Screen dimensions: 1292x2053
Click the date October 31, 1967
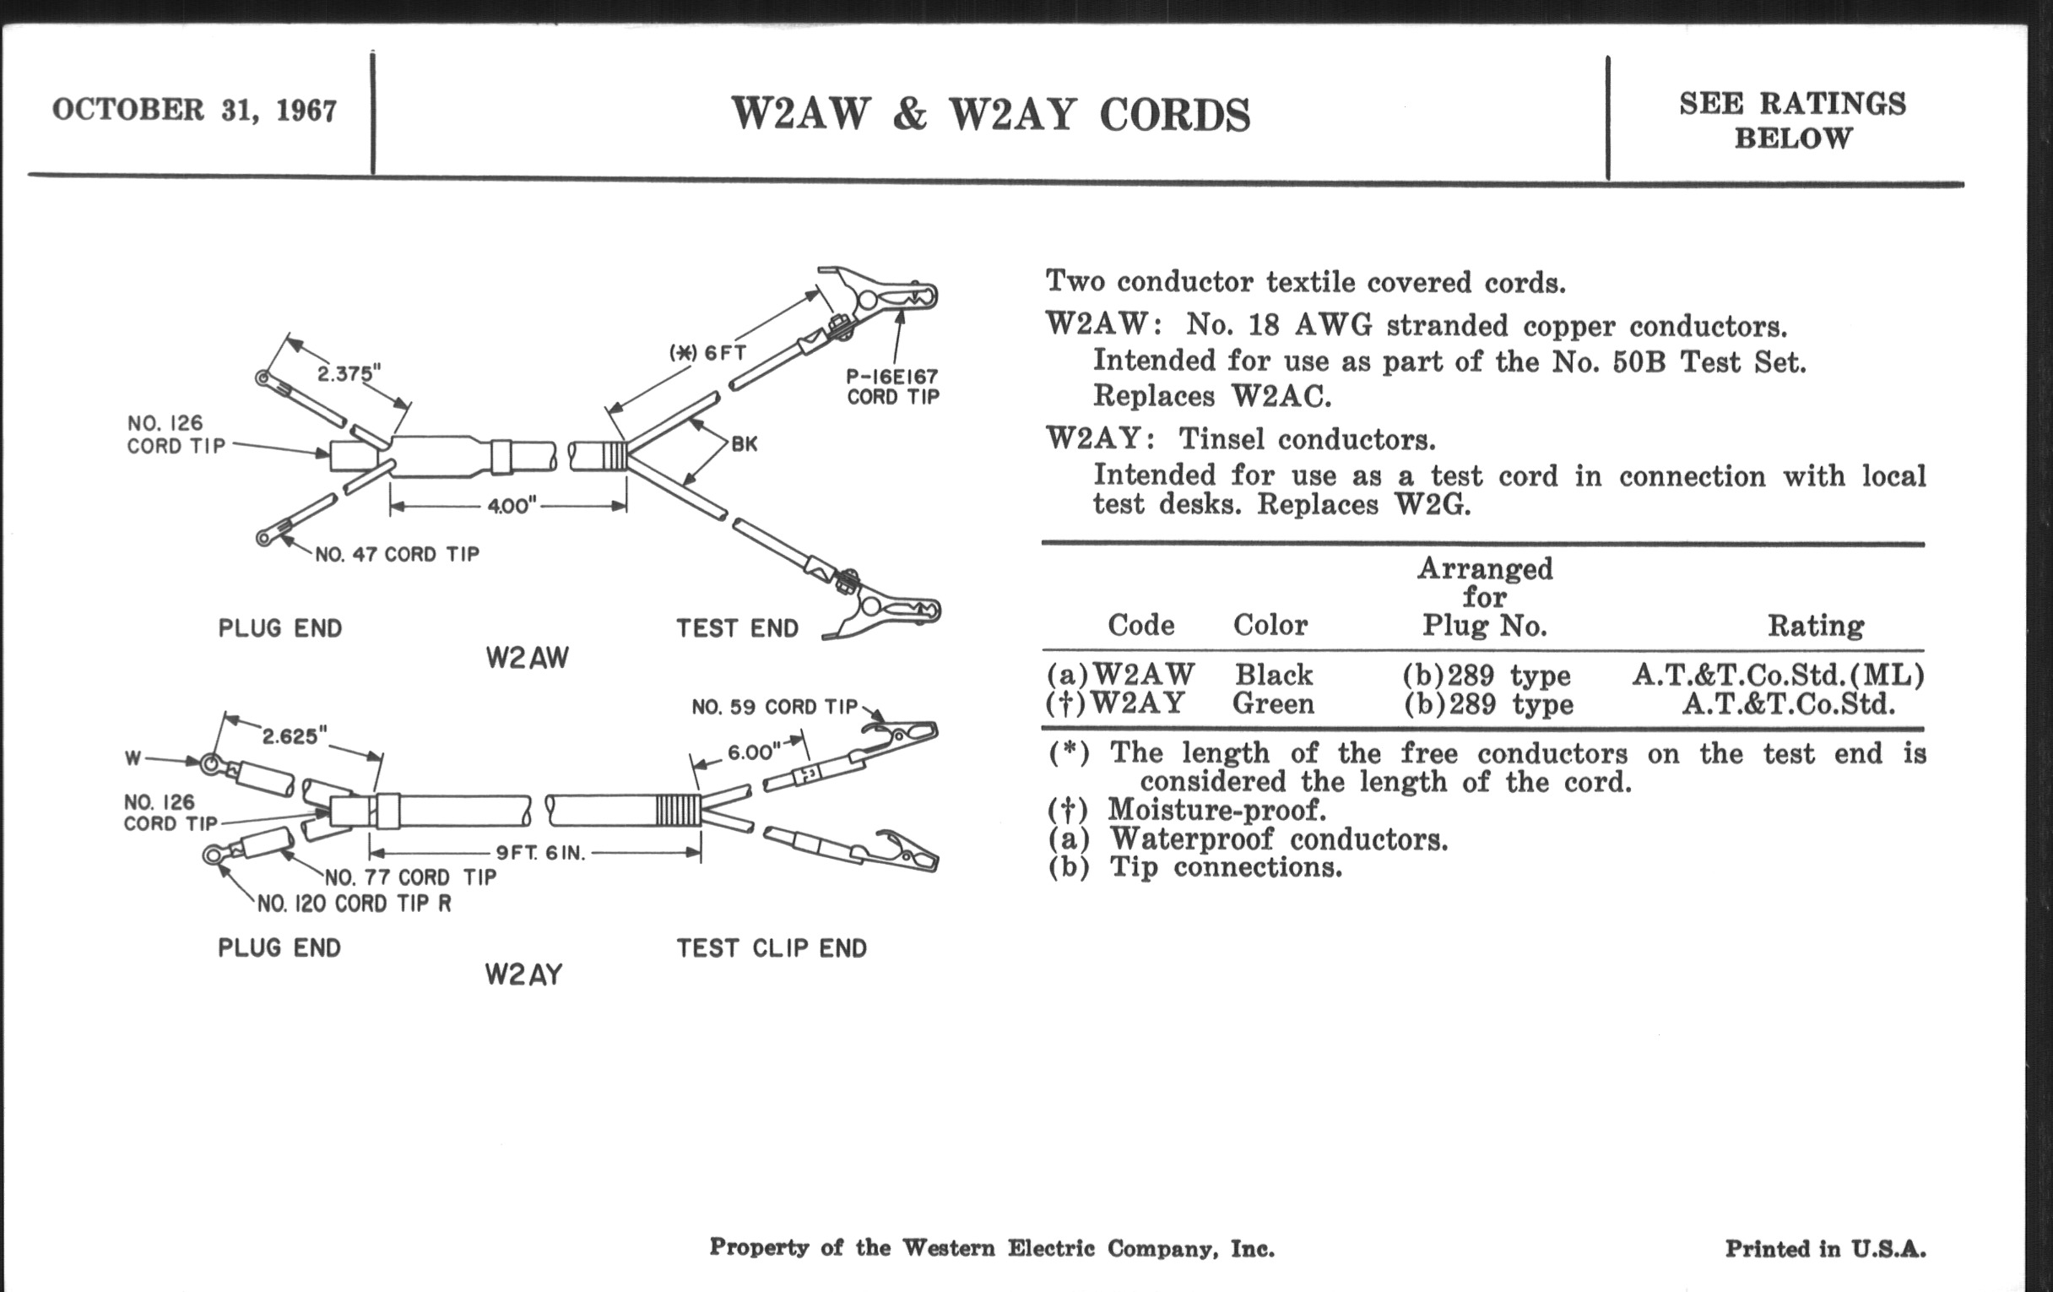[194, 110]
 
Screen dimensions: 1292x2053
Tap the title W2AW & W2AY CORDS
[991, 114]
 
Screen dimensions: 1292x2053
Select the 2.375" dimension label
[349, 373]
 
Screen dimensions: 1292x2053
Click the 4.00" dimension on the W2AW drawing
[511, 507]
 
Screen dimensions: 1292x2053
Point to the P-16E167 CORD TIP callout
[891, 386]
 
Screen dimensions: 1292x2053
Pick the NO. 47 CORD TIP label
[398, 554]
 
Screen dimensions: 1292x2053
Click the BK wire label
[744, 443]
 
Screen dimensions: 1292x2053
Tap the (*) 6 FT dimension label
[707, 351]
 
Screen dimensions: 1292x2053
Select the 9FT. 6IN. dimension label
[541, 853]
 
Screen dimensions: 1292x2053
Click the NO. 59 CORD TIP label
[774, 707]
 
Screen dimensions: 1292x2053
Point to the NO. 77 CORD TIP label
[410, 877]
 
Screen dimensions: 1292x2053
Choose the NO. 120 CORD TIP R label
[354, 904]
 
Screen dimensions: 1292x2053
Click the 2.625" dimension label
[294, 736]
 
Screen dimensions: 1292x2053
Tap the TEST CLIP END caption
[772, 948]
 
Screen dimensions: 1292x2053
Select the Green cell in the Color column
[1274, 704]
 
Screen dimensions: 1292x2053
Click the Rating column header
[1815, 626]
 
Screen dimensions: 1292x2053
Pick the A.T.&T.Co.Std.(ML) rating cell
[1778, 676]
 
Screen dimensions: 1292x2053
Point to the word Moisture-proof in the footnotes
[1216, 809]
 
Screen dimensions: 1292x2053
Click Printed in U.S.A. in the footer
[1825, 1250]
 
